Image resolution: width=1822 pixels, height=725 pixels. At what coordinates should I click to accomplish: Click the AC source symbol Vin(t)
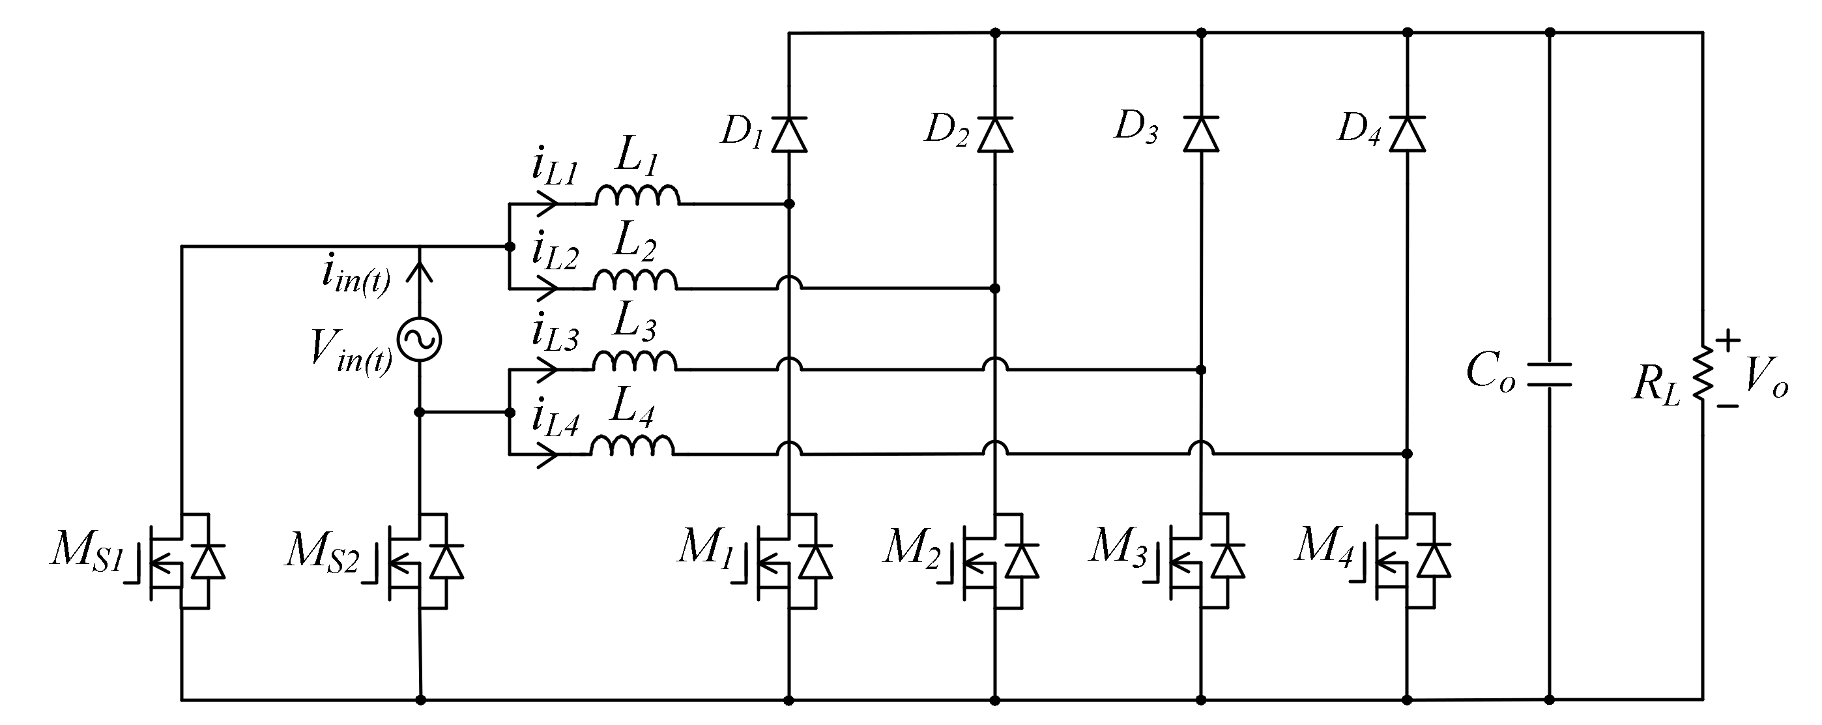coord(420,340)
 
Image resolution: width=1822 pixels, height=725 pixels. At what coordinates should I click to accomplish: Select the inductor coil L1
coord(637,195)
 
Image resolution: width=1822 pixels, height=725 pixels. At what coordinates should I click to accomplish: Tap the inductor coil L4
coord(632,445)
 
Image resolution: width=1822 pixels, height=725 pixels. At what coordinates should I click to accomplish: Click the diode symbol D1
coord(789,134)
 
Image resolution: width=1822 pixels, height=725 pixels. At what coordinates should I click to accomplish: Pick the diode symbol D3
coord(1201,134)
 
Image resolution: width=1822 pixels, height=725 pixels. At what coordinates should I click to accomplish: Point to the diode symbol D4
coord(1407,134)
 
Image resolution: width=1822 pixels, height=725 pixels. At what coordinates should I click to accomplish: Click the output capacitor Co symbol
coord(1549,375)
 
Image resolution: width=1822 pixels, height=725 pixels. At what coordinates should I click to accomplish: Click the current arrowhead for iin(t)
coord(421,270)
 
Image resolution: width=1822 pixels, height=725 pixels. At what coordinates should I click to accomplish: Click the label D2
coord(946,130)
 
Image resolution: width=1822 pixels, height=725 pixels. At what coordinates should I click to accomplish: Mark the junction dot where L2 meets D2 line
coord(995,289)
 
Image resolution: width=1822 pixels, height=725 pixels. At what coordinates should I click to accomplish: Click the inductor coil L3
coord(635,361)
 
